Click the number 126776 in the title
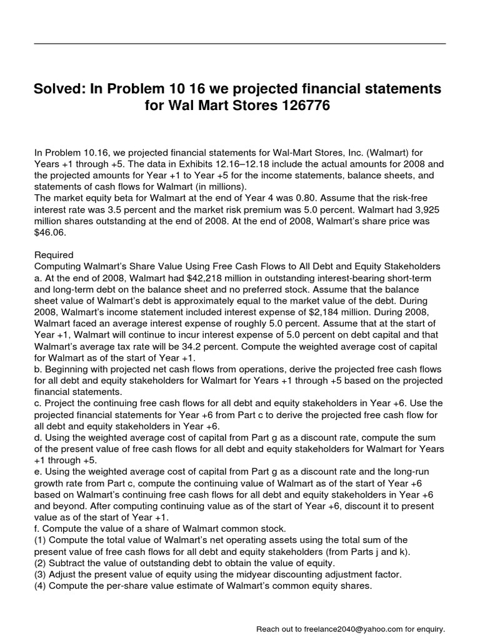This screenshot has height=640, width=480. pyautogui.click(x=296, y=107)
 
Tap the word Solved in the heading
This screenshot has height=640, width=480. pyautogui.click(x=59, y=89)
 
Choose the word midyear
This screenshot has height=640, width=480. pyautogui.click(x=279, y=574)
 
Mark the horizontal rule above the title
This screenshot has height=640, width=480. pyautogui.click(x=240, y=43)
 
